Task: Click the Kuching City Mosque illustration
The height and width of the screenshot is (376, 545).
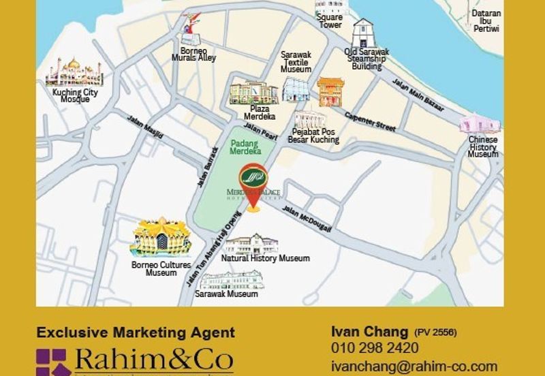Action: click(72, 74)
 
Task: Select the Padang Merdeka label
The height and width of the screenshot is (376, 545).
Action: click(246, 148)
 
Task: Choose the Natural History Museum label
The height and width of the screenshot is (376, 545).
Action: click(265, 259)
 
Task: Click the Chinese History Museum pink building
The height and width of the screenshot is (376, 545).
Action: click(480, 124)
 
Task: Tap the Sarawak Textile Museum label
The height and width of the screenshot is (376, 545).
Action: click(296, 61)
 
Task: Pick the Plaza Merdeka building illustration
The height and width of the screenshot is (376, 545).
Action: click(253, 93)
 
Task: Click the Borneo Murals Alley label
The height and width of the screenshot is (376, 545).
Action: click(198, 54)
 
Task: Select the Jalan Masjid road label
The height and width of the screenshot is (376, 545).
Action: click(145, 127)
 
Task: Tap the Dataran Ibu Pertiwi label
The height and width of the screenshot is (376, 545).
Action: click(486, 21)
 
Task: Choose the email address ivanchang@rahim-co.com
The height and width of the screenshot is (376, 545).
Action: click(414, 366)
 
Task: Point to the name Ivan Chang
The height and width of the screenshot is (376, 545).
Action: click(368, 332)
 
